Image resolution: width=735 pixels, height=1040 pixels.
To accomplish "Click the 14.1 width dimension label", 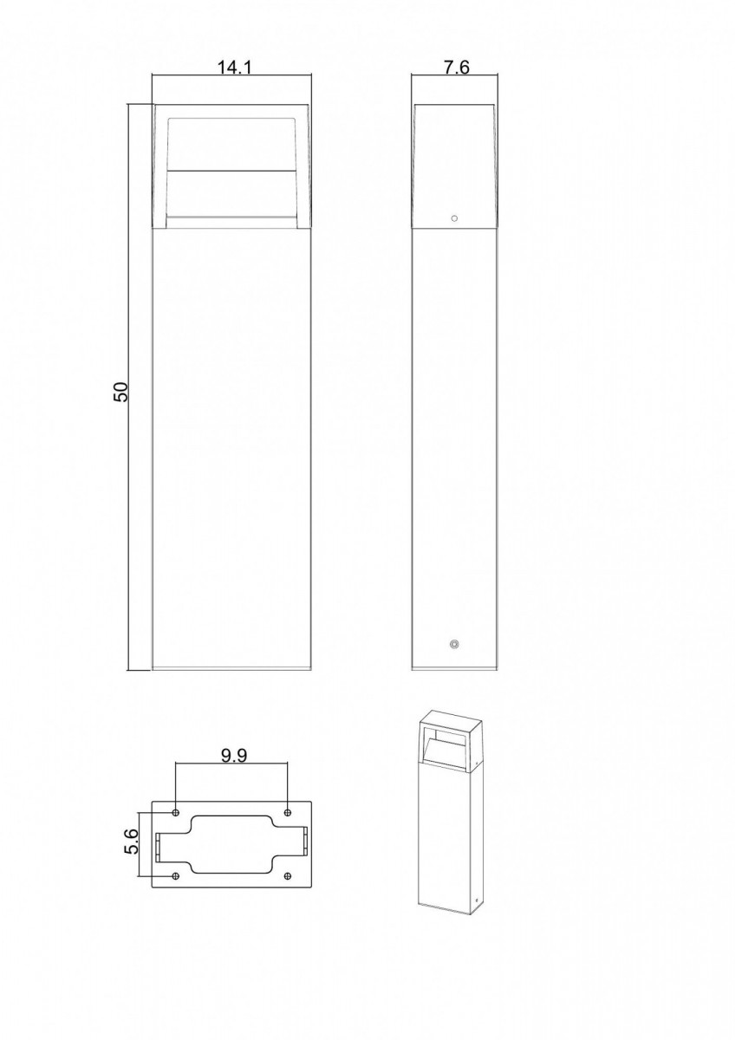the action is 235,68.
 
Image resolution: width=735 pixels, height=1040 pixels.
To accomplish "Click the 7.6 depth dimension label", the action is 457,68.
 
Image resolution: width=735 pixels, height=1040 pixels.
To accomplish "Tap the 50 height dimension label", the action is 120,392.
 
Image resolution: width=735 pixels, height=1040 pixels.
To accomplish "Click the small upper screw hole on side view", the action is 454,218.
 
